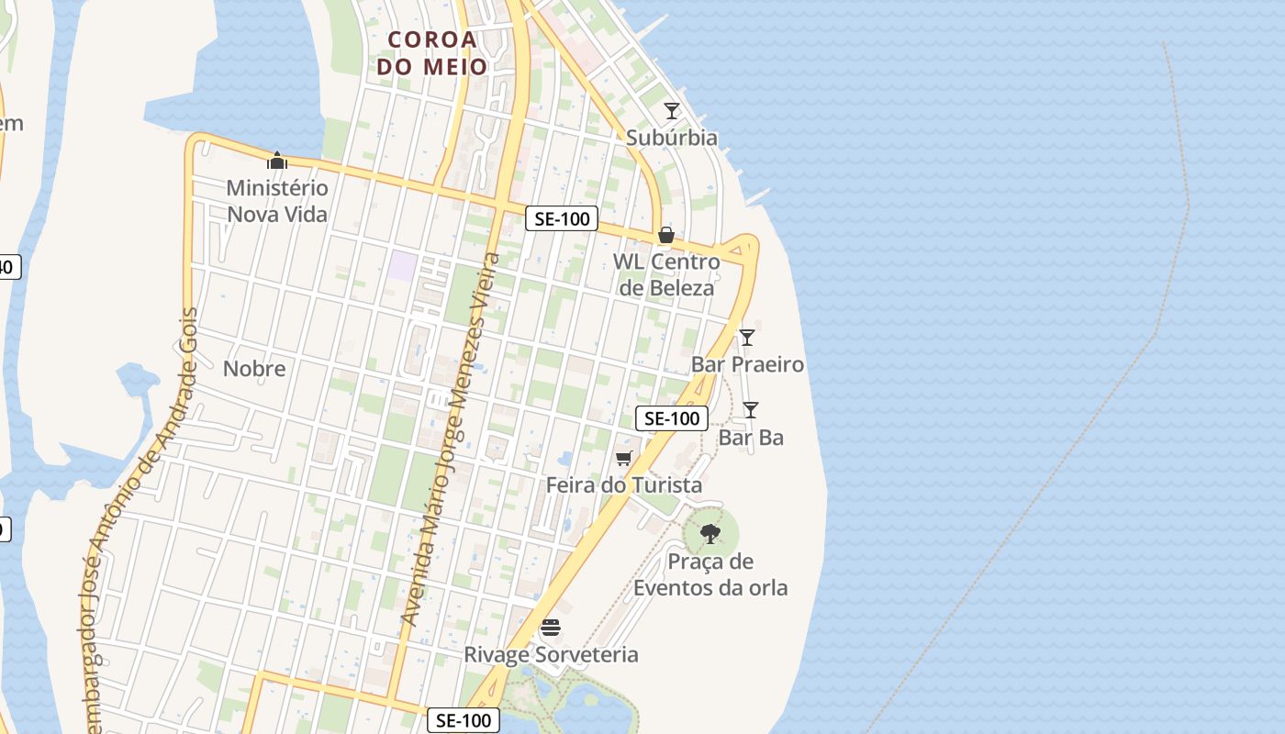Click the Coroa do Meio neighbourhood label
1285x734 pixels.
pos(431,53)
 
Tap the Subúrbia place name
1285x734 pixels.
pos(672,138)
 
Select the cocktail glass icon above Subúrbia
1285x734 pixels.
pos(672,111)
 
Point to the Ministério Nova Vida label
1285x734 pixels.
pos(277,201)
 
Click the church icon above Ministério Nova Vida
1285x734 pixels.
pos(277,161)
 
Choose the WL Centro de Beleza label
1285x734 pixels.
pos(666,274)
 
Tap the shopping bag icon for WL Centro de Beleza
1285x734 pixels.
pos(666,235)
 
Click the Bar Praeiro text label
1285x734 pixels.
pos(747,364)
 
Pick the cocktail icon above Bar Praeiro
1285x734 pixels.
pos(747,337)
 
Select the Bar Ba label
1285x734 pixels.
pos(751,438)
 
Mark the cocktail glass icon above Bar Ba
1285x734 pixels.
pos(751,409)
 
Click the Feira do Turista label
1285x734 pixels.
pos(624,484)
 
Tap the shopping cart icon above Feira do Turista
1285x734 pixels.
pos(624,458)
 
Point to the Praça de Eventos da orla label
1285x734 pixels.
pos(710,574)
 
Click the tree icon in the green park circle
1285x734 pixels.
pos(710,533)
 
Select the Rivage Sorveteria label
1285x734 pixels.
pos(551,654)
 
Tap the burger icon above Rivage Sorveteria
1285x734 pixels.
pos(551,628)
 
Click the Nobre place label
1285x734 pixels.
pos(254,369)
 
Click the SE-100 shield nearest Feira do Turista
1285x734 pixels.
pos(672,418)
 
